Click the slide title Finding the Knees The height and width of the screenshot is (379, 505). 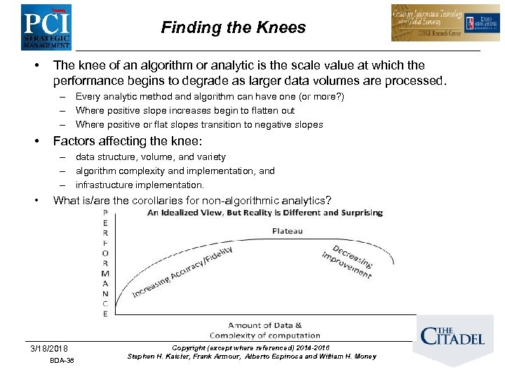tap(234, 27)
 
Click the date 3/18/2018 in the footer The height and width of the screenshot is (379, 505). tap(49, 349)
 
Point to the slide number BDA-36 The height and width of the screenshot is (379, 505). tap(62, 361)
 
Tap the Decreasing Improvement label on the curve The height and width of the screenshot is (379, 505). tap(347, 262)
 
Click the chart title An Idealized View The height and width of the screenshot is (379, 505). tap(264, 213)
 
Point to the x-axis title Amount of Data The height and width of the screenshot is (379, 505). tap(264, 325)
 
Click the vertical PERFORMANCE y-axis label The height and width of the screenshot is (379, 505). tap(105, 262)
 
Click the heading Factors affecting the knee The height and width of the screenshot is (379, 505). tap(128, 141)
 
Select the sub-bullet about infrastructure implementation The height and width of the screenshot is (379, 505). tap(140, 185)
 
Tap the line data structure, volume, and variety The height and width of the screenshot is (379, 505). tap(150, 157)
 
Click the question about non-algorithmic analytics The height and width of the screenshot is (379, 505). tap(192, 201)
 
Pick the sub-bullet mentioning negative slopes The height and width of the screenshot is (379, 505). tap(199, 125)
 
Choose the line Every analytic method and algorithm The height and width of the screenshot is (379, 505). tap(210, 97)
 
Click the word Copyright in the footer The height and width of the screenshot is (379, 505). tap(189, 348)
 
